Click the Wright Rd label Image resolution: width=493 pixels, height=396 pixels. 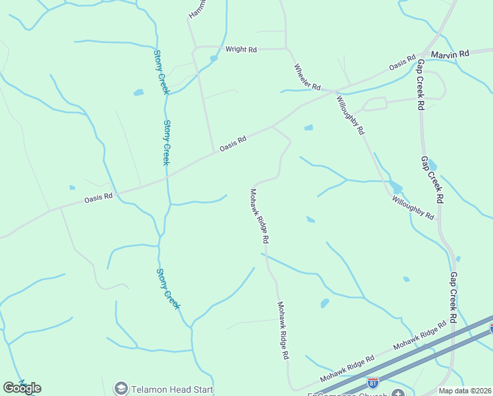[241, 49]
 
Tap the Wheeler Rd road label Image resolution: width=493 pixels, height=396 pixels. [306, 78]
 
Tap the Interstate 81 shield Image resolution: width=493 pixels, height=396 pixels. [373, 382]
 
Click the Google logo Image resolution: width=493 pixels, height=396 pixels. [22, 387]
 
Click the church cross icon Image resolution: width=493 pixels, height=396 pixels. [397, 393]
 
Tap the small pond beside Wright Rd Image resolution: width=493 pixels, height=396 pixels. [214, 59]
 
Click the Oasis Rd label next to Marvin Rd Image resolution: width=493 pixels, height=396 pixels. [402, 63]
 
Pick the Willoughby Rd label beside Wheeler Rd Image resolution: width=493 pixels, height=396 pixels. [350, 115]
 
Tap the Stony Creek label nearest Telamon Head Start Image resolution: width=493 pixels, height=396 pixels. [168, 288]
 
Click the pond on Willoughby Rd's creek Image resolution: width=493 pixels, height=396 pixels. [395, 187]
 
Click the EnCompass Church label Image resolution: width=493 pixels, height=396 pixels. [349, 394]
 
